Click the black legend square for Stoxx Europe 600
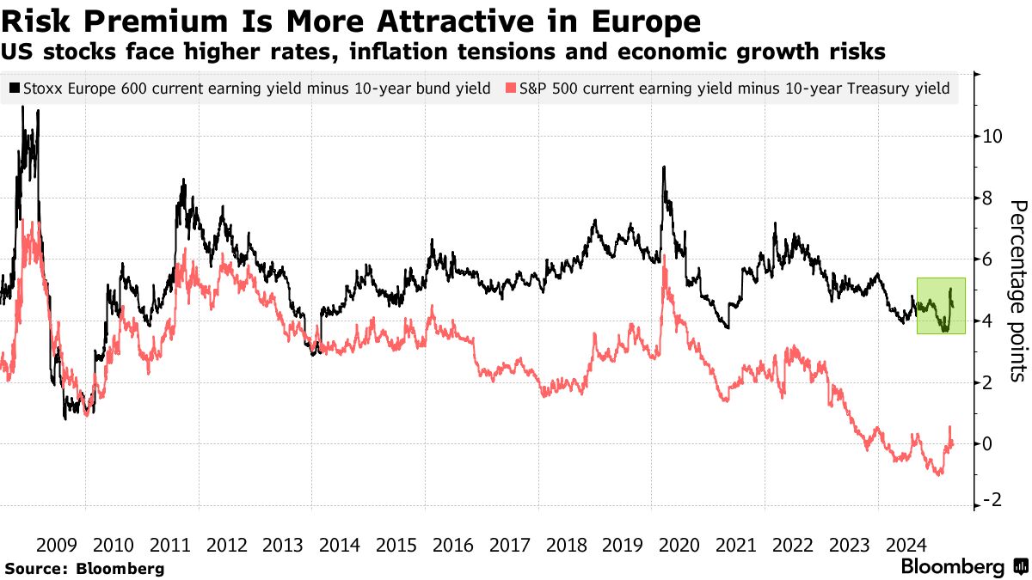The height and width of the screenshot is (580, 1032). pyautogui.click(x=15, y=88)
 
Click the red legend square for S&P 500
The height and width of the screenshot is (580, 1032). pyautogui.click(x=512, y=88)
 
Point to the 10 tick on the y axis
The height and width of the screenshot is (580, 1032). pyautogui.click(x=993, y=136)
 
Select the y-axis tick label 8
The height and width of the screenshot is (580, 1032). pyautogui.click(x=989, y=198)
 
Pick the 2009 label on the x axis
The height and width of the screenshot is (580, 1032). pyautogui.click(x=58, y=545)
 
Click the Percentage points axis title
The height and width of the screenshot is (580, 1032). pyautogui.click(x=1017, y=290)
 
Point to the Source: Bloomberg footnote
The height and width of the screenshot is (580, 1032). pyautogui.click(x=84, y=568)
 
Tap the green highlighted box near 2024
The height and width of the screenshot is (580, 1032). pyautogui.click(x=941, y=305)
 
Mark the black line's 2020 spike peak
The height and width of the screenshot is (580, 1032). pyautogui.click(x=664, y=167)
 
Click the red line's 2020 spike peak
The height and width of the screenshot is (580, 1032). pyautogui.click(x=665, y=267)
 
